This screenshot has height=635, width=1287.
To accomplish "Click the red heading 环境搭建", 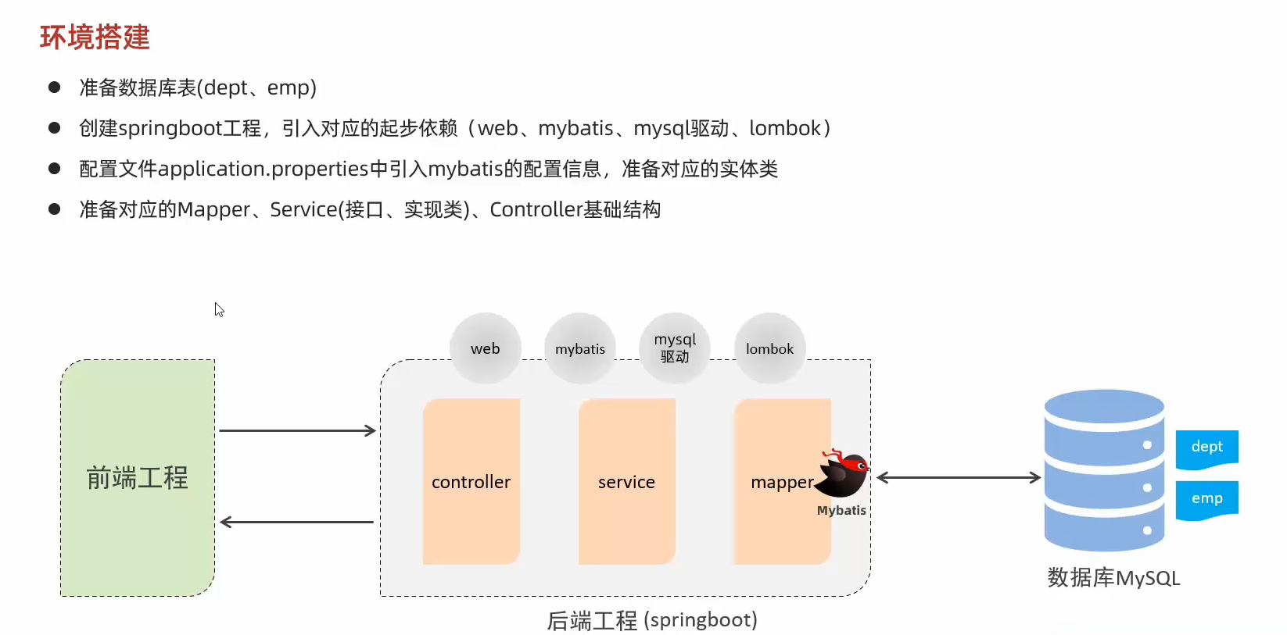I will click(x=95, y=37).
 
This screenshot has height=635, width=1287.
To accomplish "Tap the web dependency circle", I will click(x=485, y=348).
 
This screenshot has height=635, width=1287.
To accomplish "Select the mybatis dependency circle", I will click(x=580, y=348).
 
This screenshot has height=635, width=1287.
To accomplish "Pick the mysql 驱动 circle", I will click(x=675, y=348).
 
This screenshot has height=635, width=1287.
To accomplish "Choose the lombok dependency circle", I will click(x=769, y=348).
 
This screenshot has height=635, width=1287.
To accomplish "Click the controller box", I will click(x=471, y=482).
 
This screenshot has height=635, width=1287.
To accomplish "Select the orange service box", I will click(x=626, y=482).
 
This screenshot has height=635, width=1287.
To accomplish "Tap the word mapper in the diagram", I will click(x=781, y=483).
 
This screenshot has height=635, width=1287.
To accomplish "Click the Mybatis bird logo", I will click(x=843, y=474).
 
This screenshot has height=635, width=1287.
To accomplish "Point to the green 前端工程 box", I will click(x=138, y=477).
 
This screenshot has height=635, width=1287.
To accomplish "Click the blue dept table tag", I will click(x=1206, y=448).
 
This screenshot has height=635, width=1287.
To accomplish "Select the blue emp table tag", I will click(x=1206, y=499).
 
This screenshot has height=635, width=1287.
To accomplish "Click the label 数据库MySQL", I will click(x=1113, y=578).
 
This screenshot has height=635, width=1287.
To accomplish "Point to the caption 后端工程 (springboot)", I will click(x=651, y=620).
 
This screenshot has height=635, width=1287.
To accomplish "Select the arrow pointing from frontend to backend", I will click(x=297, y=430).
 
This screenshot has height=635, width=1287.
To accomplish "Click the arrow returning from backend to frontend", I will click(x=297, y=522).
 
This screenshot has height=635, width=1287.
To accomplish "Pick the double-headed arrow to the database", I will click(x=958, y=477).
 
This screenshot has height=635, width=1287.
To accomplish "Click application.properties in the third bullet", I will click(x=263, y=169).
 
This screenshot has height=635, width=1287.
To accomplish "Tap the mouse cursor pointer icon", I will click(x=219, y=309).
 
